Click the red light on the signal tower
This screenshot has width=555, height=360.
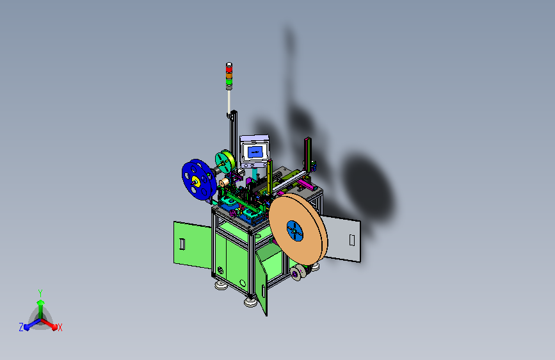229,69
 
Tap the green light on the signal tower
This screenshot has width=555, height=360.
229,81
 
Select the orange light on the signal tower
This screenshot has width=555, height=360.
229,76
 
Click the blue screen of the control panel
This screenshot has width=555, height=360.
255,152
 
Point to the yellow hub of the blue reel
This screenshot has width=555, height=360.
196,182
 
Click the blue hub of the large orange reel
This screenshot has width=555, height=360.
294,231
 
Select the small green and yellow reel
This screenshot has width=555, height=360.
225,162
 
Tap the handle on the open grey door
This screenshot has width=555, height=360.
352,240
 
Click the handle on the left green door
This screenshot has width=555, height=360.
182,244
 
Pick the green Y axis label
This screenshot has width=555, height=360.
40,293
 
